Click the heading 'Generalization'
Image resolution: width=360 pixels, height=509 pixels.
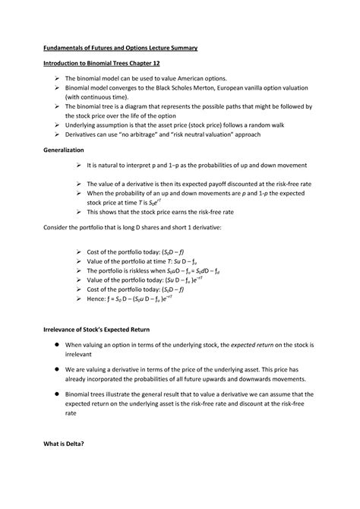(68, 150)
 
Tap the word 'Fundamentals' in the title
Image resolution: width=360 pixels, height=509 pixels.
(69, 48)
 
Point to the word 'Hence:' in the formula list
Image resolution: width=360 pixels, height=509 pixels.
(99, 299)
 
